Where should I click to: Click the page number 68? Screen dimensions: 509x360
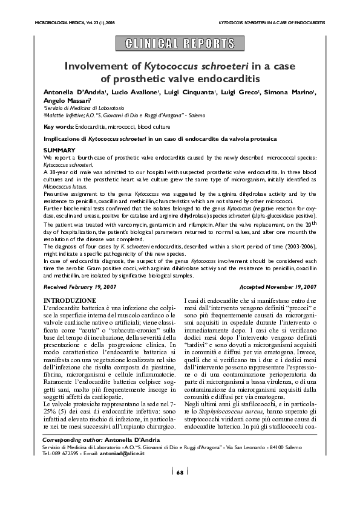point(180,488)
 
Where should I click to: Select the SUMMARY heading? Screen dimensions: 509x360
point(60,149)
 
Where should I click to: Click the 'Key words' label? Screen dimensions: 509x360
point(59,127)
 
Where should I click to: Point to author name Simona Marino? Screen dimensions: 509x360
point(287,91)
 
